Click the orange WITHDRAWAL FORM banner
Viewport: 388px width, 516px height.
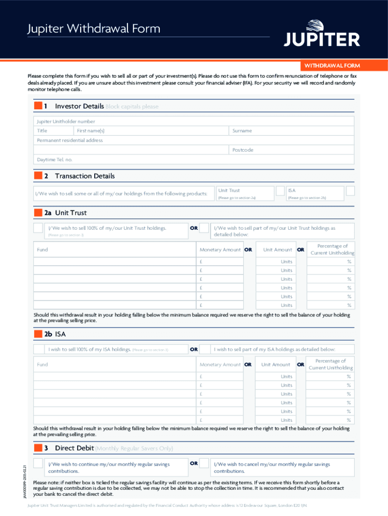click(330, 66)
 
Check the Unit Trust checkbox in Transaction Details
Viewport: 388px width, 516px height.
click(280, 191)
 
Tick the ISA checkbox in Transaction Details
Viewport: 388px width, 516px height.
click(350, 191)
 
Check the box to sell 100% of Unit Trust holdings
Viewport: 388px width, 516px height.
click(38, 228)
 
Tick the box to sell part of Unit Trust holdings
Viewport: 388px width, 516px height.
click(204, 228)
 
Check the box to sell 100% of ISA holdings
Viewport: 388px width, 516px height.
click(38, 349)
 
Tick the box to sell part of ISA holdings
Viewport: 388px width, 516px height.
click(204, 349)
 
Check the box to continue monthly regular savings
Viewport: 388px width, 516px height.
click(38, 464)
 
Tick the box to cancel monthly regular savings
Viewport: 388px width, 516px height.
click(204, 464)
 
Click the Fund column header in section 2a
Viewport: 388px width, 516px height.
click(42, 249)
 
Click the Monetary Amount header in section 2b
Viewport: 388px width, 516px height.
click(220, 364)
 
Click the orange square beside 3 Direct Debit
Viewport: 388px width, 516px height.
click(38, 448)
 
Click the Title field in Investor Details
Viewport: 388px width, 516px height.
click(50, 131)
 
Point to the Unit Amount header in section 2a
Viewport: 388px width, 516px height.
click(276, 249)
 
